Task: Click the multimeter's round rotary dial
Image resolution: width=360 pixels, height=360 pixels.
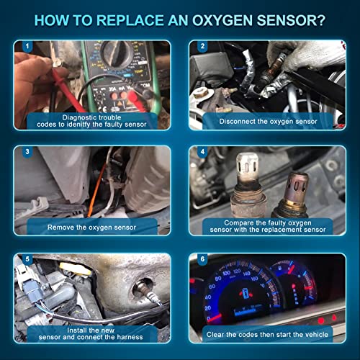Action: point(115,58)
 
